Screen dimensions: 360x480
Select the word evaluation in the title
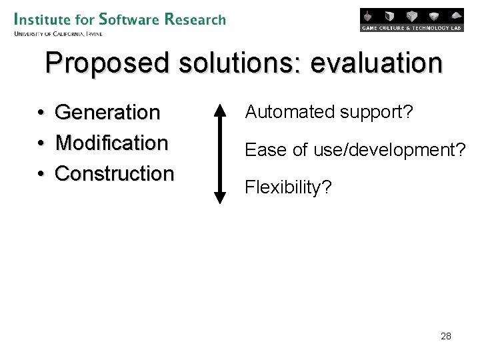tap(376, 63)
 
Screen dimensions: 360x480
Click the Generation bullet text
tap(107, 112)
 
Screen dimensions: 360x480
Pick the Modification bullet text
tap(111, 143)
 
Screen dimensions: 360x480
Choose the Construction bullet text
tap(114, 173)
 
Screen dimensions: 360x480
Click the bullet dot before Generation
tap(41, 113)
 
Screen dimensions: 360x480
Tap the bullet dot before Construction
tap(41, 174)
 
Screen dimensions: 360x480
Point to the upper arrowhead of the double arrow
tap(220, 109)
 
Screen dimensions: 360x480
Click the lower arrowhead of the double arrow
tap(220, 197)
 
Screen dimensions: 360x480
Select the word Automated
tap(290, 112)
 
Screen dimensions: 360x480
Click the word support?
tap(377, 113)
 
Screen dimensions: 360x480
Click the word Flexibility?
tap(288, 188)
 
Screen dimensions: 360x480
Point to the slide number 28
tap(446, 336)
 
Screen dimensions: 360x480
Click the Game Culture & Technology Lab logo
tap(411, 20)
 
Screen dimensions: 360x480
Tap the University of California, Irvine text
tap(57, 33)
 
